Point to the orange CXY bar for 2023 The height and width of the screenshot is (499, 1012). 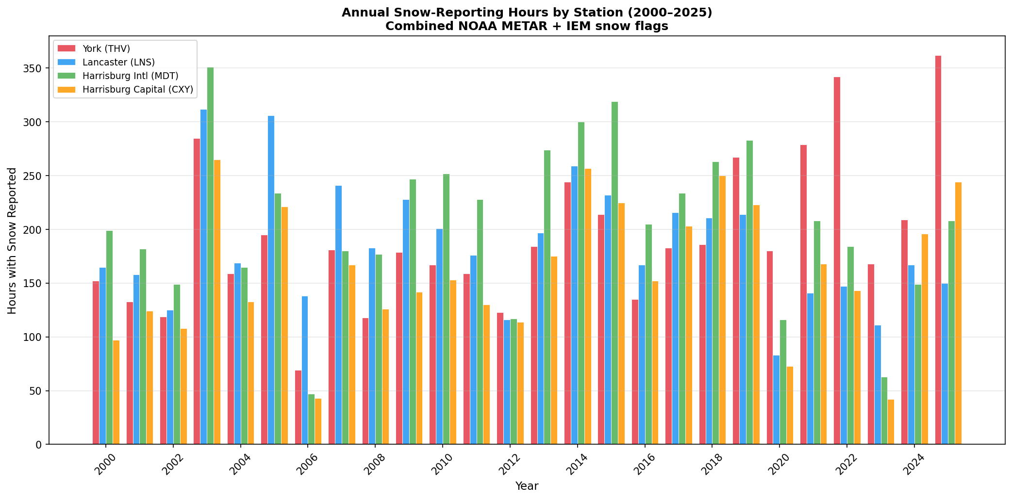click(891, 422)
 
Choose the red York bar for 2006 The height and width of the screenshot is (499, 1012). click(298, 407)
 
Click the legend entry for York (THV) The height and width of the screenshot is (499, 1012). click(106, 48)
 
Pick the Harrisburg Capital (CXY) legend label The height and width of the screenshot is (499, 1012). click(138, 89)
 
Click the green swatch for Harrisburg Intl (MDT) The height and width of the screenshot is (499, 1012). click(67, 76)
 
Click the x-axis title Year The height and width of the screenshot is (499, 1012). click(527, 486)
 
